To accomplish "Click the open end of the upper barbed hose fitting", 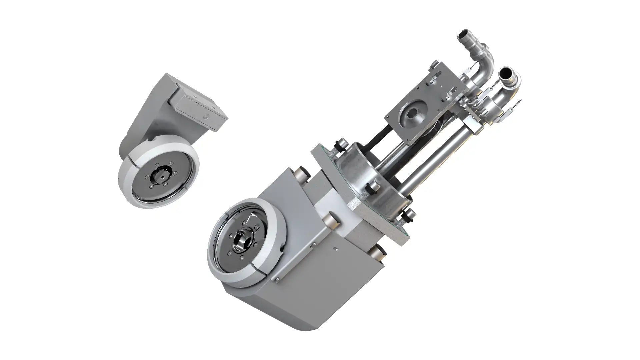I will [464, 35].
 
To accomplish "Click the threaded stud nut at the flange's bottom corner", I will [409, 216].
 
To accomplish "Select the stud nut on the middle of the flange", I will [372, 188].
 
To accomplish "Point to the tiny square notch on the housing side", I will [337, 248].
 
